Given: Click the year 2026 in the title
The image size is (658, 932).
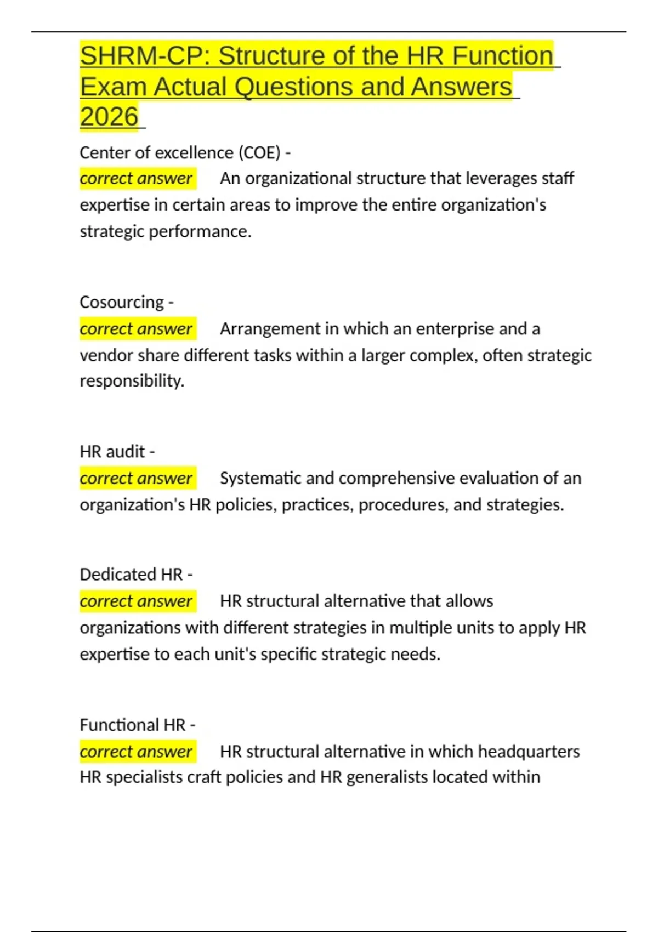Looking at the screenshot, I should (109, 117).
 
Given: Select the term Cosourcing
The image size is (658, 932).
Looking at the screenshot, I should (121, 302).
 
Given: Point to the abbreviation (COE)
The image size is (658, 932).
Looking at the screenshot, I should (259, 152).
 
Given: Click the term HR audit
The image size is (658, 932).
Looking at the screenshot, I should (112, 452).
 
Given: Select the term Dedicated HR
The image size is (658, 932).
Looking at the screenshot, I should (131, 575).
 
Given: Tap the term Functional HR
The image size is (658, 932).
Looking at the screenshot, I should (133, 725).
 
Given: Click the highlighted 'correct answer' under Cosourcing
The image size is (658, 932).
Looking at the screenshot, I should (136, 329).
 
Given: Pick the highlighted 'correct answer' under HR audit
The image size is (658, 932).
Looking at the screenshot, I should (136, 479).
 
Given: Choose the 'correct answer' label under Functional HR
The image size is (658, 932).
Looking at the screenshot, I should (136, 751).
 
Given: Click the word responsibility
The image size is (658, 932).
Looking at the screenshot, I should (132, 381).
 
